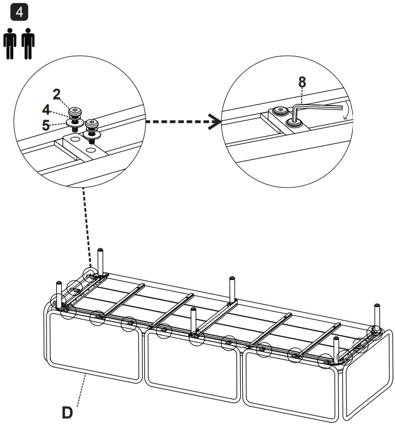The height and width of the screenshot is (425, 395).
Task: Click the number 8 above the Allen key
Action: pos(301,82)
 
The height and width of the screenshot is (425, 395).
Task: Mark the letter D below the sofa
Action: pos(67,411)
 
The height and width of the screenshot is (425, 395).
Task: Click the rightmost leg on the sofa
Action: pos(377,315)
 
